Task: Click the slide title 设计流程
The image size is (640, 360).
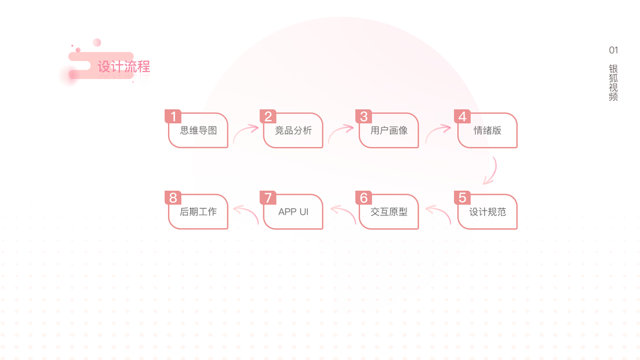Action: click(124, 67)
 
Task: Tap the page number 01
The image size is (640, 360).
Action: click(613, 50)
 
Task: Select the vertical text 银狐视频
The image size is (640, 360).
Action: click(613, 83)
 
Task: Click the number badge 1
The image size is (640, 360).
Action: click(173, 116)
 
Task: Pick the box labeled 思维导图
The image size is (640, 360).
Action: click(199, 131)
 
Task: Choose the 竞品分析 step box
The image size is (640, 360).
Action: click(293, 131)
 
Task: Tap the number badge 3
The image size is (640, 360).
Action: click(363, 116)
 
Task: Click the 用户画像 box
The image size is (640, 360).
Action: click(389, 131)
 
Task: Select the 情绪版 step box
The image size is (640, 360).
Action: click(488, 131)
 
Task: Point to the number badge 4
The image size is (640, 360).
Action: click(462, 116)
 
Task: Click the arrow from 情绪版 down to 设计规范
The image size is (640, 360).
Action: click(491, 171)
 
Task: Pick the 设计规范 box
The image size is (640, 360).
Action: click(488, 212)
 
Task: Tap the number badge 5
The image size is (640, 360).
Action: click(462, 198)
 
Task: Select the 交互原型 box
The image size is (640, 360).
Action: click(389, 212)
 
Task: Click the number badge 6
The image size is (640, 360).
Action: click(363, 198)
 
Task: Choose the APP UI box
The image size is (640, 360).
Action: click(293, 212)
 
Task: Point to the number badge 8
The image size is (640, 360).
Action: click(173, 198)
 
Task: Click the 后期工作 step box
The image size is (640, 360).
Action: click(199, 212)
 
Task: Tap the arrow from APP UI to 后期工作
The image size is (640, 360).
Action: click(245, 213)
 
